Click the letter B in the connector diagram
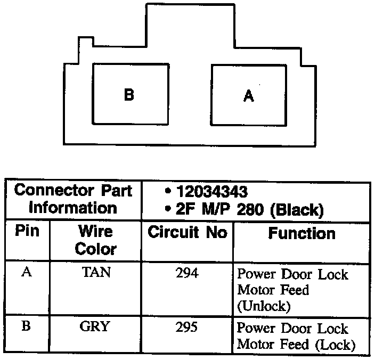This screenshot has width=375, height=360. click(129, 95)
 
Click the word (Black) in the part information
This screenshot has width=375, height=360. click(297, 210)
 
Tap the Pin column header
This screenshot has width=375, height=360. click(27, 233)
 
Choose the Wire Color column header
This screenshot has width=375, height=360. click(95, 240)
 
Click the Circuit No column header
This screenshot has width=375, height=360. click(187, 233)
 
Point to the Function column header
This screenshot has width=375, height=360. click(301, 233)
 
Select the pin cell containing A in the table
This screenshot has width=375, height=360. click(26, 273)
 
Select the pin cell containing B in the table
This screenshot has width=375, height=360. click(26, 326)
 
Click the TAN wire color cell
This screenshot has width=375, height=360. click(96, 273)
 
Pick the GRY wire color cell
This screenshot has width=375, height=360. click(95, 326)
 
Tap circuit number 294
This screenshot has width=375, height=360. click(186, 273)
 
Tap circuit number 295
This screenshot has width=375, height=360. click(186, 326)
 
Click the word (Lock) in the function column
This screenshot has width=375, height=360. click(335, 344)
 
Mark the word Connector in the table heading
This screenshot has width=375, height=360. click(51, 191)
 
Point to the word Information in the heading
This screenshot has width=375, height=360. click(72, 207)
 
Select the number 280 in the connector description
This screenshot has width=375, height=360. click(250, 210)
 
